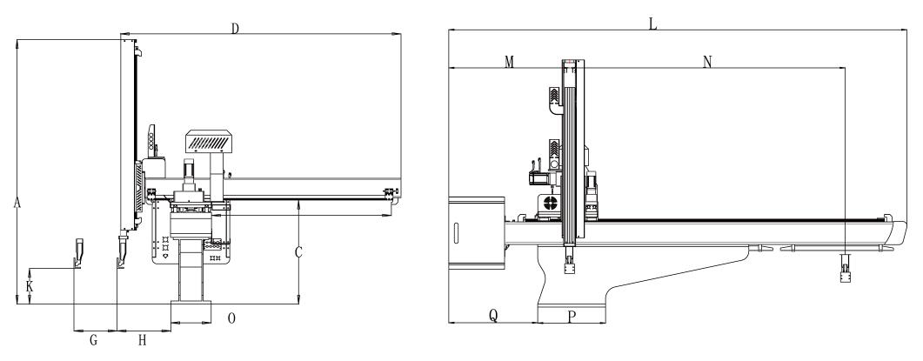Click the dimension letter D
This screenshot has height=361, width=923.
(x=235, y=28)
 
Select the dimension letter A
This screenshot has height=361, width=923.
(x=17, y=203)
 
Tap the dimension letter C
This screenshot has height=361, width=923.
(x=298, y=252)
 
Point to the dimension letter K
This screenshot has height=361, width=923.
(x=30, y=287)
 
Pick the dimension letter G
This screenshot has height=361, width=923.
(x=93, y=340)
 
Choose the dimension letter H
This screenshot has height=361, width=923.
(x=142, y=340)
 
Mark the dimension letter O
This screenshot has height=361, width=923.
(x=231, y=318)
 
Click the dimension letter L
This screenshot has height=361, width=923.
(x=652, y=23)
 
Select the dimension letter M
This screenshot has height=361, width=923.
(x=509, y=62)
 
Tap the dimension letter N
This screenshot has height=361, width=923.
(x=707, y=62)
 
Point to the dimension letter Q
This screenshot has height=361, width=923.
(x=493, y=317)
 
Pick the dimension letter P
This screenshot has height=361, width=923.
(x=572, y=317)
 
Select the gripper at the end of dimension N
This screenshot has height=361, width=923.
(x=846, y=269)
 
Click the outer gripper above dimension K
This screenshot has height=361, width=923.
(x=78, y=253)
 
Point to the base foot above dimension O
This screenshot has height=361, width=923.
(x=191, y=312)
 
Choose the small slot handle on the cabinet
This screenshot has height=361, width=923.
(x=455, y=233)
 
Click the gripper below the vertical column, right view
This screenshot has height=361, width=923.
(x=569, y=260)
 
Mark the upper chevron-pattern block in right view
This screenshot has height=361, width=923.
(x=554, y=96)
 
